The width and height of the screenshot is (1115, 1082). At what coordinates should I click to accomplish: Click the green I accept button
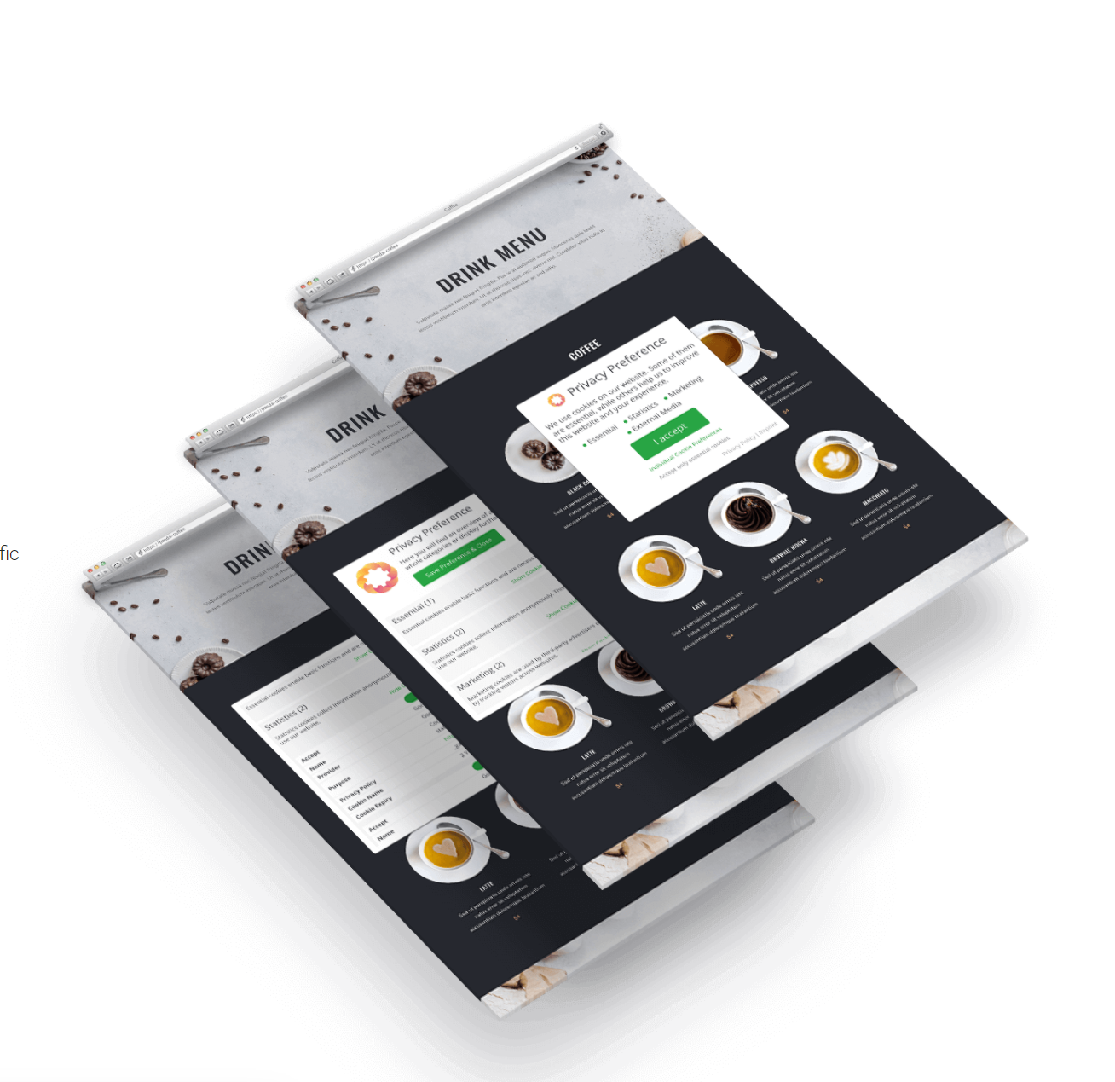[x=669, y=433]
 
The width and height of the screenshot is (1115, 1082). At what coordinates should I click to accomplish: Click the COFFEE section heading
[x=585, y=350]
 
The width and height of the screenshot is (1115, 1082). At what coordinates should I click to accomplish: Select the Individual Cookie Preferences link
[x=685, y=450]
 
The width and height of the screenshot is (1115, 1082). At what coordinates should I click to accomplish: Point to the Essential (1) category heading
[x=413, y=611]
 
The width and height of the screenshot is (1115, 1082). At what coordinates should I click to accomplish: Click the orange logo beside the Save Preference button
[x=376, y=578]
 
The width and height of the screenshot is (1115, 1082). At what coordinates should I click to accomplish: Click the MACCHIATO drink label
[x=875, y=496]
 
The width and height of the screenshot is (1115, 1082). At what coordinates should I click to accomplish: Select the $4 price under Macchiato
[x=906, y=527]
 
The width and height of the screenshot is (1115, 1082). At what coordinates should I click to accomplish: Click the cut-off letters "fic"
[x=9, y=554]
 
